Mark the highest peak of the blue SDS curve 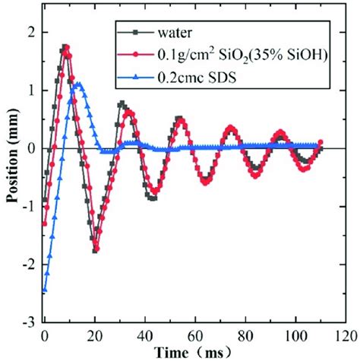[77, 85]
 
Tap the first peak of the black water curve [65, 47]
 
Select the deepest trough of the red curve [98, 248]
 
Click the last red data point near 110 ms [320, 142]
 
